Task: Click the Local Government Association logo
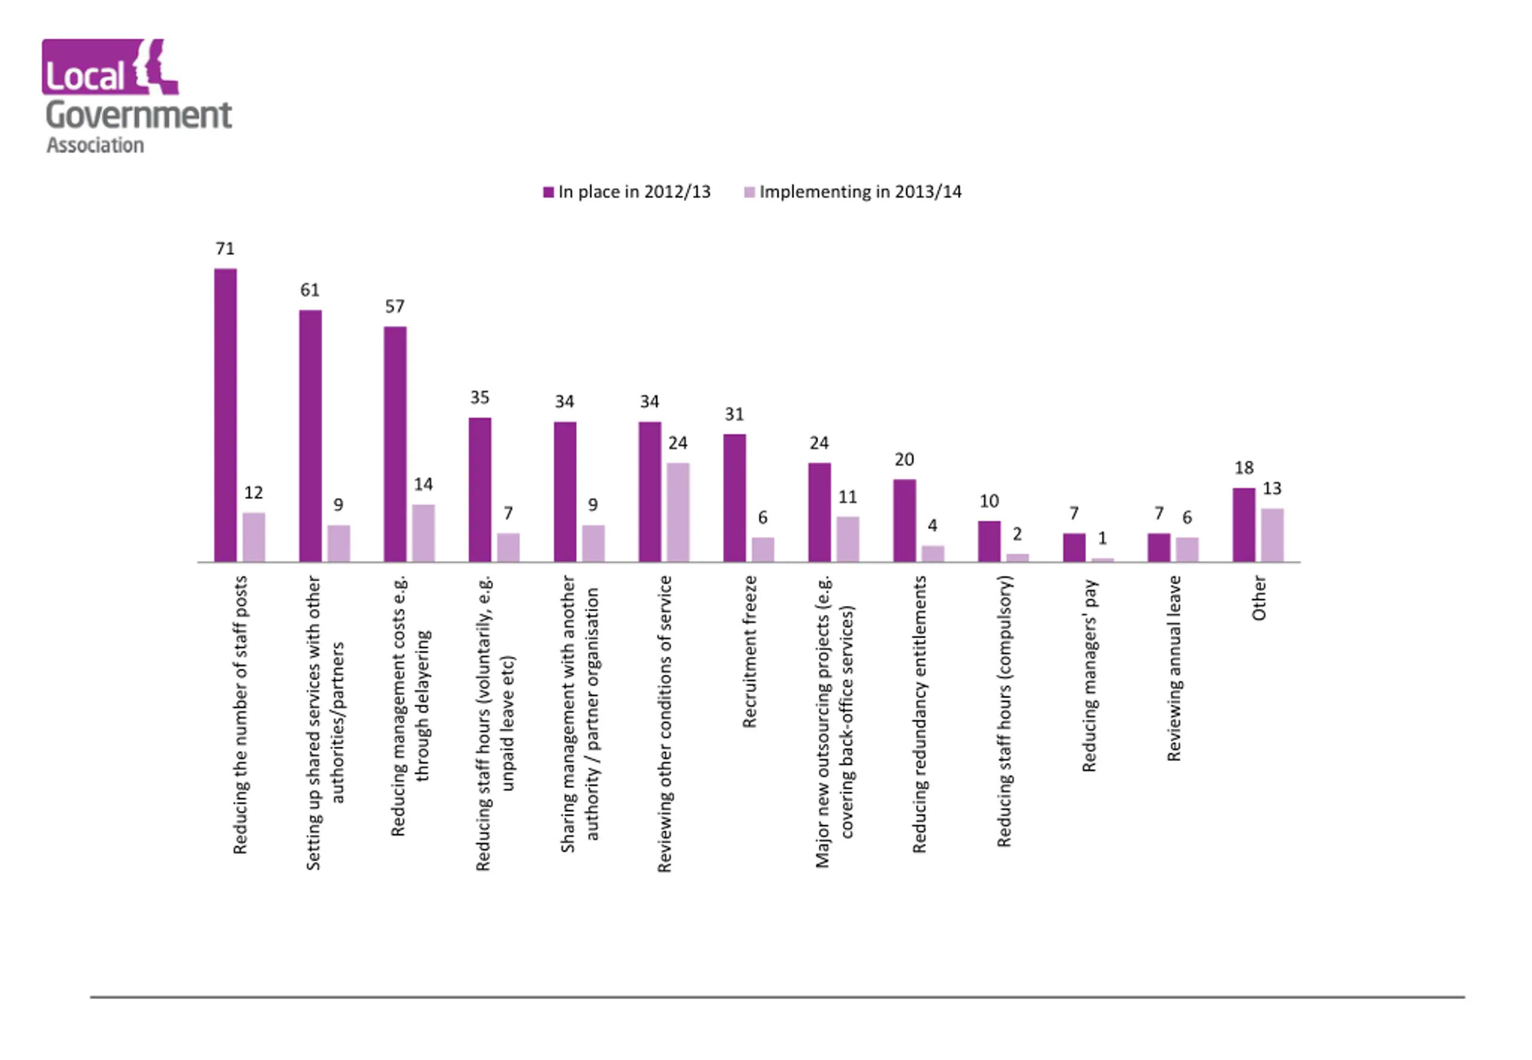point(138,96)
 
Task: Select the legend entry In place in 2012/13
point(627,192)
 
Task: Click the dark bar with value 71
point(225,415)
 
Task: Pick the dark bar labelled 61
point(310,435)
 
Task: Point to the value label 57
point(394,306)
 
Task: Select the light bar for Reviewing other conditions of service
point(677,512)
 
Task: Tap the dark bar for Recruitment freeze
point(734,498)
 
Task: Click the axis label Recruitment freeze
point(749,651)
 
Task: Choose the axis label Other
point(1259,598)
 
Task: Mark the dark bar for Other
point(1244,525)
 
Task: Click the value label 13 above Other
point(1272,488)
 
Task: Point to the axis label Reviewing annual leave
point(1174,668)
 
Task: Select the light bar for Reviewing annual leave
point(1187,549)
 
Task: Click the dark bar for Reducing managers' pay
point(1074,547)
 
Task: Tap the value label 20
point(904,459)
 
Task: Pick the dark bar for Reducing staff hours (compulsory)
point(989,541)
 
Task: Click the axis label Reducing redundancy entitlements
point(919,714)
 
